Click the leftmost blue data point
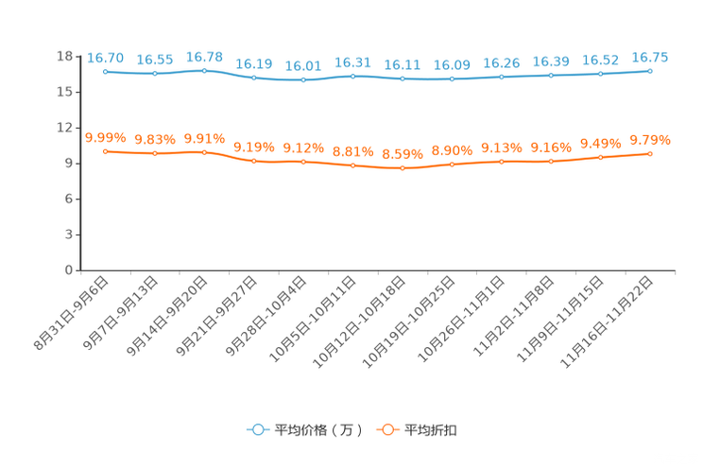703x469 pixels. [x=105, y=71]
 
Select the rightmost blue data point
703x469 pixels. [x=650, y=71]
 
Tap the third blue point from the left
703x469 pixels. [x=204, y=71]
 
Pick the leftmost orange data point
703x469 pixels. [x=105, y=151]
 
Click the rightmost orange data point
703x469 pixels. [x=650, y=153]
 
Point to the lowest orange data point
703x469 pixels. [x=403, y=168]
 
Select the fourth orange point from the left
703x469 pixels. [x=254, y=161]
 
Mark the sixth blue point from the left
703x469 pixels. [x=352, y=76]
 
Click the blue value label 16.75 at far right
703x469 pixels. [x=650, y=58]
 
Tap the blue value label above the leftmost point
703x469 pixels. [x=105, y=58]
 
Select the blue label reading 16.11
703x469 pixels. [x=403, y=65]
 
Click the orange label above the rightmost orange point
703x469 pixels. [x=650, y=140]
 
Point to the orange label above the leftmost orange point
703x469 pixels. [x=105, y=138]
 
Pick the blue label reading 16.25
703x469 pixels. [x=501, y=62]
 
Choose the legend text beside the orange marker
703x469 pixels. [x=432, y=430]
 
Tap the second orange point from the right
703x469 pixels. [x=600, y=157]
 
